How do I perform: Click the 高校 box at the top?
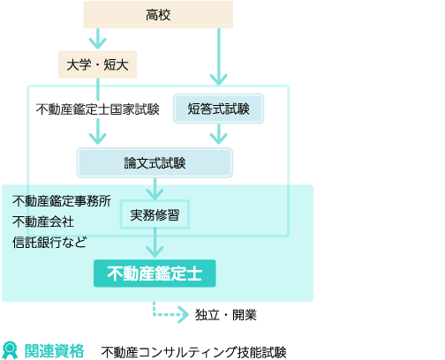pos(158,15)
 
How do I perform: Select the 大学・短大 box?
pos(97,64)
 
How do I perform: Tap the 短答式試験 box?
pos(218,109)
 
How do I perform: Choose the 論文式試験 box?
pos(155,163)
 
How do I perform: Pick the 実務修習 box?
pos(155,214)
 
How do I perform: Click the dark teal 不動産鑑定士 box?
pos(155,274)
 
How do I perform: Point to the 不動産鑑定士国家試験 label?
pos(97,109)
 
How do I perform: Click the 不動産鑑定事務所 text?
pos(62,201)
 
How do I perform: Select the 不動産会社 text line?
pos(43,221)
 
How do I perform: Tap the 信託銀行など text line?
pos(49,243)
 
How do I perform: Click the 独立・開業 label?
pos(226,315)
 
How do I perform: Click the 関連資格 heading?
pos(54,351)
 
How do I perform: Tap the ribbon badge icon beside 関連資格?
pos(10,350)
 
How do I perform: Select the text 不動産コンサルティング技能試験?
pos(193,352)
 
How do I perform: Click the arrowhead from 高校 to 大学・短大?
pos(97,43)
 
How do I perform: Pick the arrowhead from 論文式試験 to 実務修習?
pos(155,194)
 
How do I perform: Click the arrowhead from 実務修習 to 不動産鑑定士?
pos(155,251)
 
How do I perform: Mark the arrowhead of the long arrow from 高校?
pos(218,79)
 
